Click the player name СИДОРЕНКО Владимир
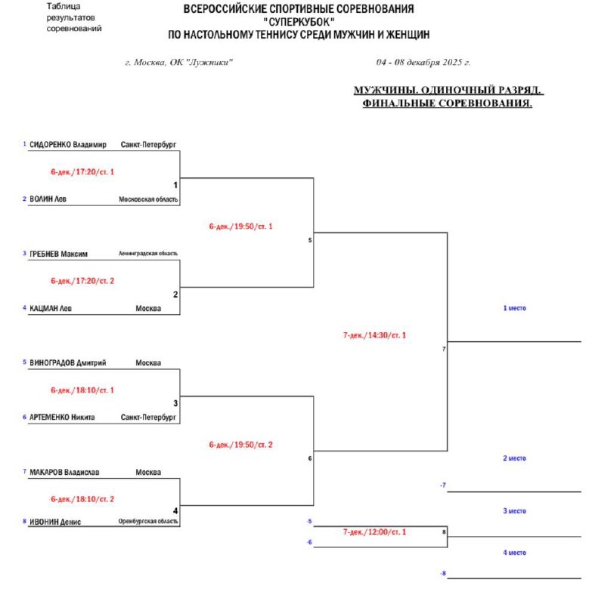(68, 144)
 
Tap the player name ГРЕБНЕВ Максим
(59, 254)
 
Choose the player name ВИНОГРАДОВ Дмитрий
(68, 362)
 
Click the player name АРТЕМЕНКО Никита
(62, 417)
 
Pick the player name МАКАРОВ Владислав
(65, 473)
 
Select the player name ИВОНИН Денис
(55, 521)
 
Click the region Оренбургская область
(148, 522)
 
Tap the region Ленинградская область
(148, 254)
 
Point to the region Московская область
(148, 199)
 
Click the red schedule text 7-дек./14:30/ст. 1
(374, 334)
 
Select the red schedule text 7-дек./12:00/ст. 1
(374, 532)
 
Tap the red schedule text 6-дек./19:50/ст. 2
(240, 445)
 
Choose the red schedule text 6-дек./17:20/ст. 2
(82, 281)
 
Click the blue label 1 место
(514, 308)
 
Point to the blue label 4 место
(514, 553)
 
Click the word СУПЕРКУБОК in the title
(301, 22)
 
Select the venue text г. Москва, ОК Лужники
(179, 63)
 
